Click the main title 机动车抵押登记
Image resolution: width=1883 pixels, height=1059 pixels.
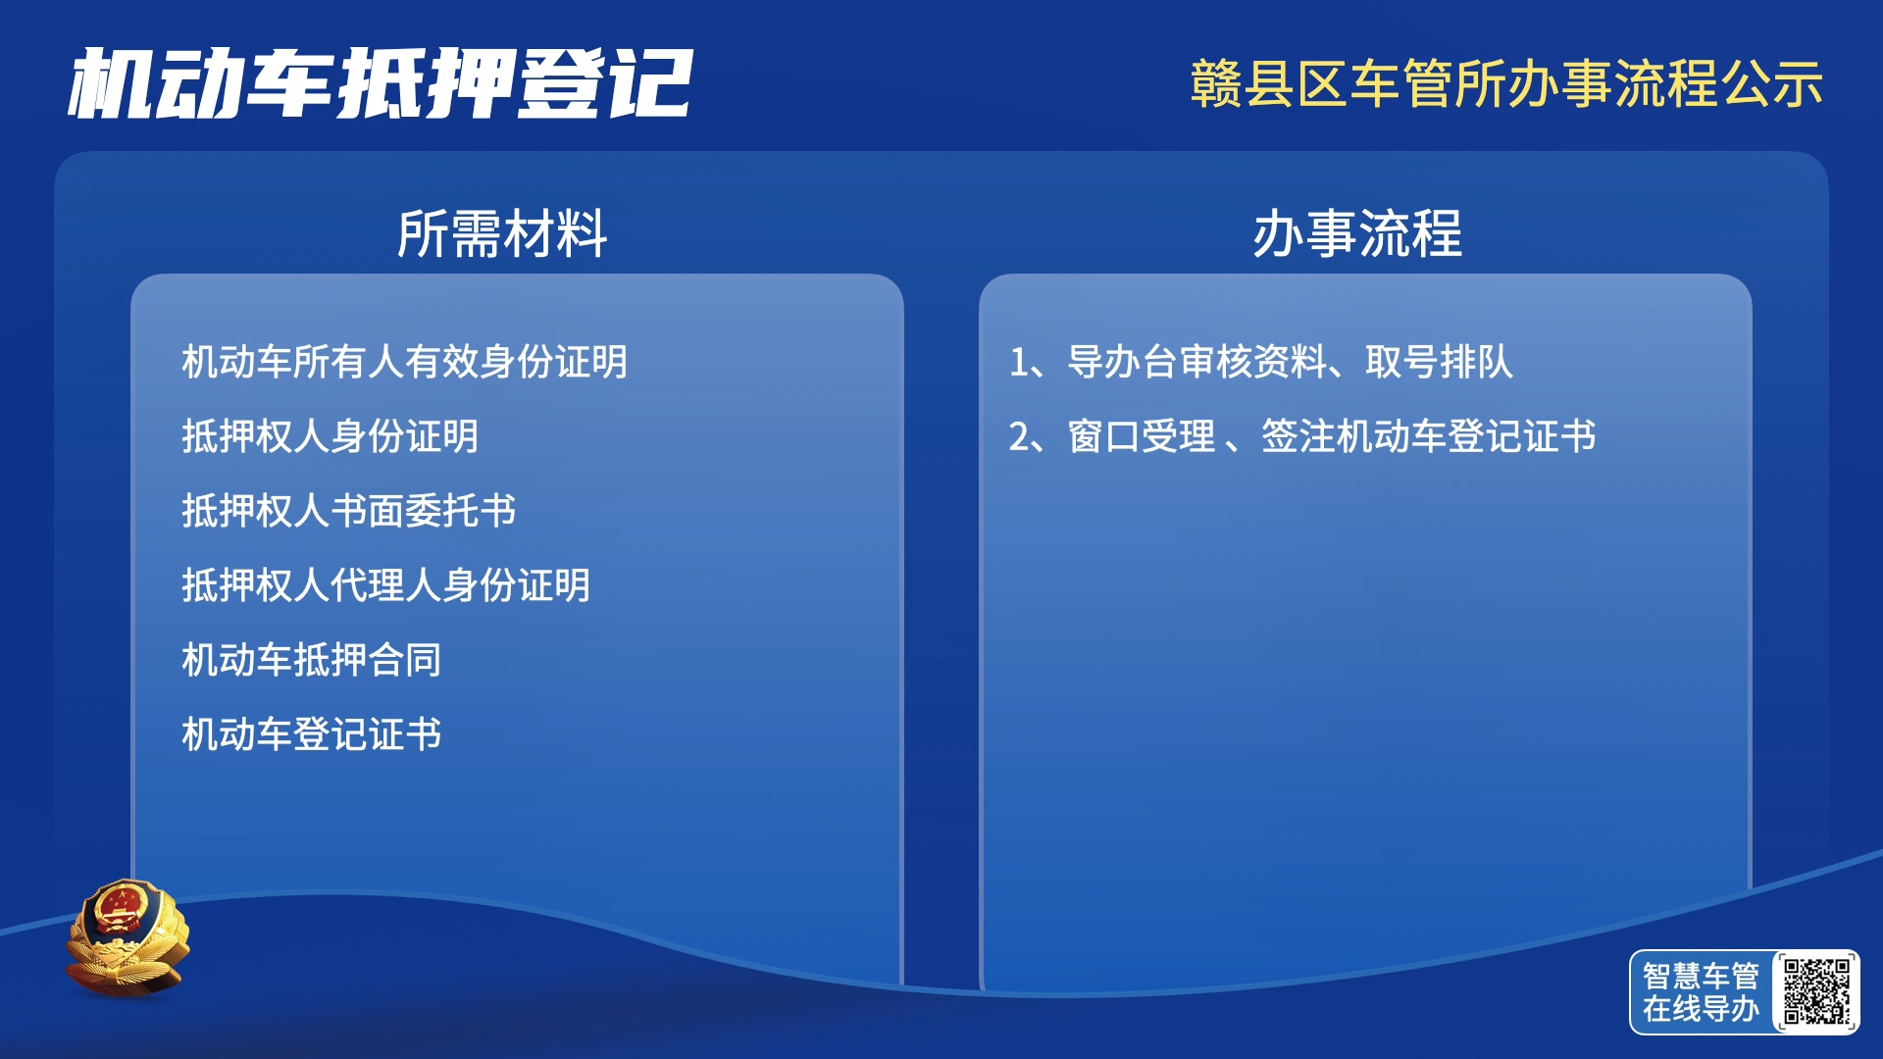click(381, 83)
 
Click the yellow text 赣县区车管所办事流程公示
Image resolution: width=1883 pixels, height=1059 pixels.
click(1506, 83)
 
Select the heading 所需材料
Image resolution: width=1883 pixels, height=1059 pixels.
click(502, 233)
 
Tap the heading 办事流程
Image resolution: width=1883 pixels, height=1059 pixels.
click(1357, 233)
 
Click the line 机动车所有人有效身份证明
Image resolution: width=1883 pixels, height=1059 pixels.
click(404, 362)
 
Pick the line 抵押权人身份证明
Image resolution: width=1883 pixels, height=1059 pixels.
click(330, 436)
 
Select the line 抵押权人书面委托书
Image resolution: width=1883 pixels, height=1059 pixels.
click(348, 511)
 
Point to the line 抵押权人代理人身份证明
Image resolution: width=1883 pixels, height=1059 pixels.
click(385, 585)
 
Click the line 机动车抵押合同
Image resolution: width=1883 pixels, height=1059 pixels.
click(311, 660)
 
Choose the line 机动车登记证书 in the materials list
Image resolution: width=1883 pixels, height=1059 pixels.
click(311, 734)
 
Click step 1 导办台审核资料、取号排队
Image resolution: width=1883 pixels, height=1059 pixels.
click(1261, 362)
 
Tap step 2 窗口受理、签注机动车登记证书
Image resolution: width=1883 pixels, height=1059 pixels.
click(1302, 436)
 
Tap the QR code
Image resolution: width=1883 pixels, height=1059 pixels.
click(1816, 991)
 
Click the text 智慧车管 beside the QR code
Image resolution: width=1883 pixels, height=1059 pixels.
click(1701, 976)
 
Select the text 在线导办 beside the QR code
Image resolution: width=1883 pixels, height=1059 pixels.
click(1701, 1009)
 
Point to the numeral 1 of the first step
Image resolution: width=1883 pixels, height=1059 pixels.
click(1019, 363)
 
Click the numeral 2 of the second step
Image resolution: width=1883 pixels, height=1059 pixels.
click(1020, 437)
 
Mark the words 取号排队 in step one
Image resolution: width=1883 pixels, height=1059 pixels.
click(1440, 362)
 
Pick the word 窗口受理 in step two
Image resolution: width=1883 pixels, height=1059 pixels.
click(1142, 436)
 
